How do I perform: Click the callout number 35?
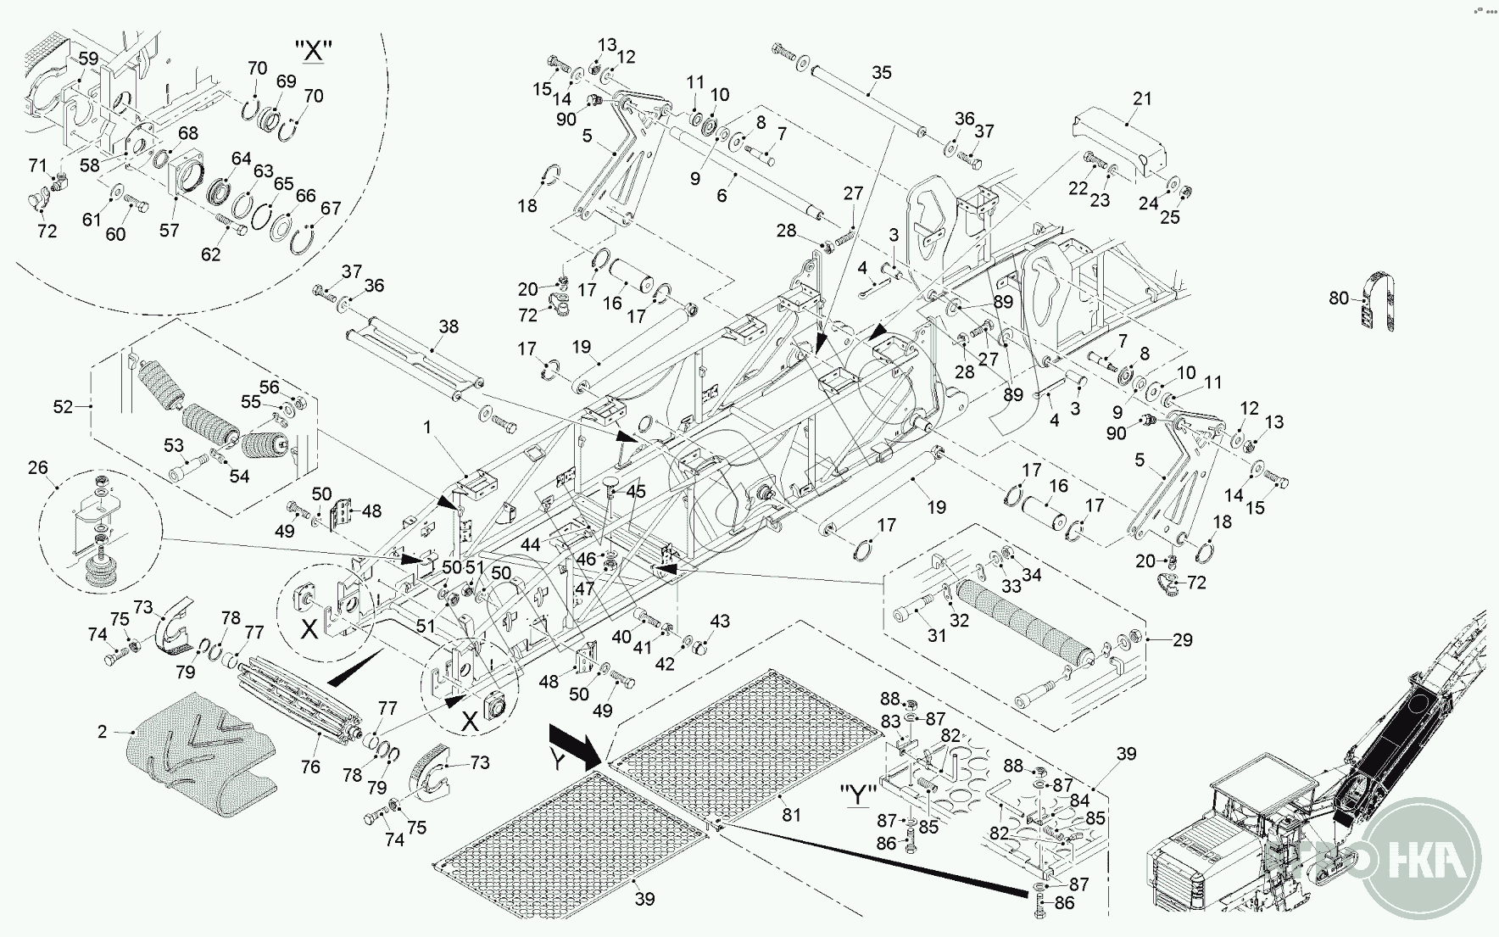(882, 72)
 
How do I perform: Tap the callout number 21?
(1143, 98)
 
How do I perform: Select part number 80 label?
(1339, 298)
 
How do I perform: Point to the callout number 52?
(64, 407)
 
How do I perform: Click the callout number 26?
(38, 468)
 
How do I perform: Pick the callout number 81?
(791, 815)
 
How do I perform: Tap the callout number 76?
(310, 767)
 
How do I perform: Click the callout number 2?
(103, 731)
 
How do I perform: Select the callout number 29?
(1182, 640)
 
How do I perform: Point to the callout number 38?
(449, 326)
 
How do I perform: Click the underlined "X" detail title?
(314, 51)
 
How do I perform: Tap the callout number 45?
(636, 491)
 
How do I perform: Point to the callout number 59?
(88, 59)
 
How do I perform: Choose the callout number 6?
(722, 195)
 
